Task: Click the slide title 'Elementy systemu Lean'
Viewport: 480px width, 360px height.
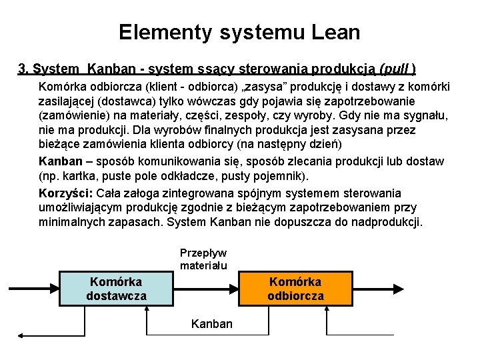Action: click(239, 31)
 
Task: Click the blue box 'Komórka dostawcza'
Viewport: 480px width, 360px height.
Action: click(116, 288)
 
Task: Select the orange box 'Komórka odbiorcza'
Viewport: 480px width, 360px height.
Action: click(295, 288)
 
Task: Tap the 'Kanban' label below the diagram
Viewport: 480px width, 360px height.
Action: click(212, 324)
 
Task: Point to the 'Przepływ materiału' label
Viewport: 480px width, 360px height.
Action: click(203, 259)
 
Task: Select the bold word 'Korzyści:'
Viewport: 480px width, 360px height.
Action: click(66, 193)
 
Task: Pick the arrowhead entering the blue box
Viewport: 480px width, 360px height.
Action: click(55, 288)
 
